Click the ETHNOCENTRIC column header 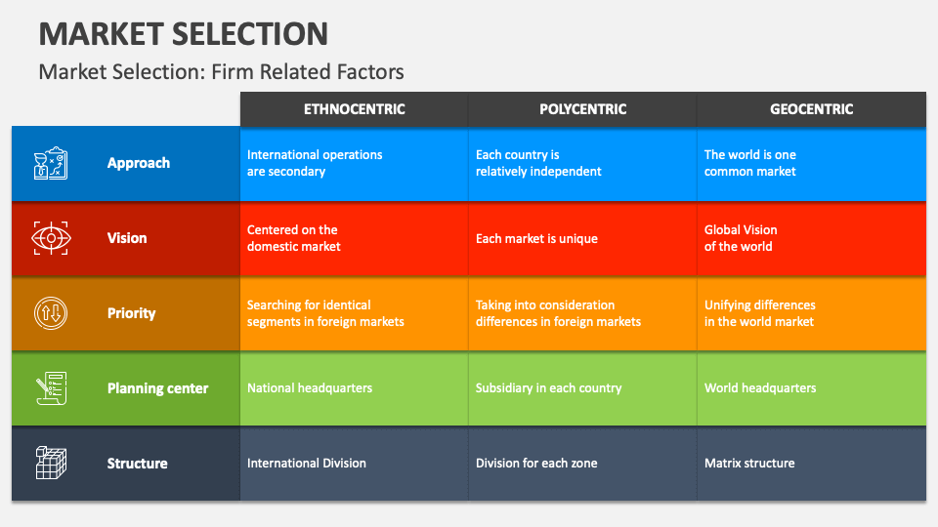pyautogui.click(x=354, y=109)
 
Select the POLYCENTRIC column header pyautogui.click(x=582, y=109)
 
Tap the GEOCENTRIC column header pyautogui.click(x=811, y=109)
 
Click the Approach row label pyautogui.click(x=139, y=163)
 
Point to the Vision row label pyautogui.click(x=127, y=238)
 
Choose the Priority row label pyautogui.click(x=131, y=313)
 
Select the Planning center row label pyautogui.click(x=157, y=388)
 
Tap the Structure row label pyautogui.click(x=137, y=464)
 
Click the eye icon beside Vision pyautogui.click(x=51, y=238)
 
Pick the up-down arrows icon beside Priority pyautogui.click(x=51, y=313)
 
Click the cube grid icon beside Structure pyautogui.click(x=51, y=463)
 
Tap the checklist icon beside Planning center pyautogui.click(x=51, y=388)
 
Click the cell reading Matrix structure pyautogui.click(x=749, y=464)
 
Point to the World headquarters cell pyautogui.click(x=760, y=388)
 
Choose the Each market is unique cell pyautogui.click(x=536, y=238)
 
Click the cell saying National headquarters pyautogui.click(x=310, y=388)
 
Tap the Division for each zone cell pyautogui.click(x=536, y=464)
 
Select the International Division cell pyautogui.click(x=307, y=464)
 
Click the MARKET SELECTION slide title pyautogui.click(x=184, y=34)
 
